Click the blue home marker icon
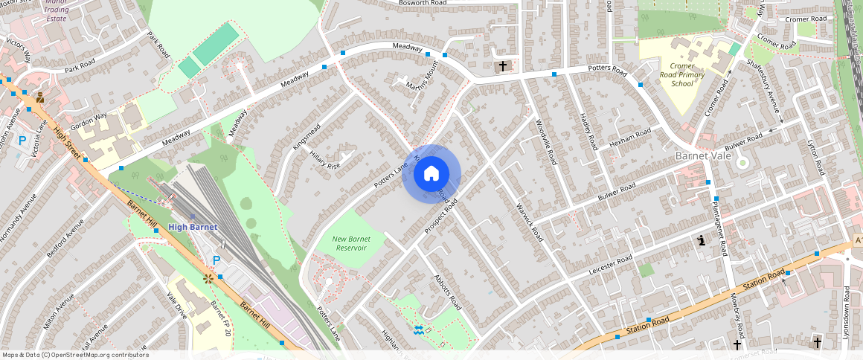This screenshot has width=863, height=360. [431, 174]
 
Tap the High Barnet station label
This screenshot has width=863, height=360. [193, 227]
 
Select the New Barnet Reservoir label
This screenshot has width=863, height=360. [350, 243]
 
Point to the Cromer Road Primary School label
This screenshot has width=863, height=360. [681, 74]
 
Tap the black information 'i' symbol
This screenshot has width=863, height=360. [700, 240]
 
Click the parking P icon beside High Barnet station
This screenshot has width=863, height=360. [216, 260]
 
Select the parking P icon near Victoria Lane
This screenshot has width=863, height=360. [22, 140]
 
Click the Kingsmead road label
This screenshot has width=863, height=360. [306, 137]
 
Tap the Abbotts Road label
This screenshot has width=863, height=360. [447, 293]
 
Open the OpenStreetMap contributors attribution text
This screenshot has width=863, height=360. [74, 355]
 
